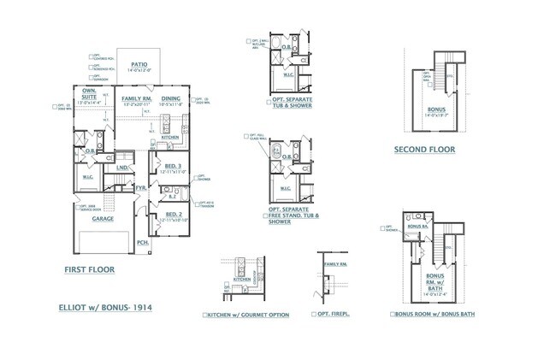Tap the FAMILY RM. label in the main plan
tap(136, 99)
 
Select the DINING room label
tap(171, 99)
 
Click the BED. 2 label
tap(172, 214)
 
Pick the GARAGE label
tap(104, 218)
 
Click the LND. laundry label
tap(122, 168)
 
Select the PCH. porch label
tap(142, 242)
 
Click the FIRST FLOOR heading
tap(89, 269)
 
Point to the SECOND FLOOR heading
tap(424, 150)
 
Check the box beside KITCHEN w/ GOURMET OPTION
tap(205, 315)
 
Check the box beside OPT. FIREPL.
tap(312, 315)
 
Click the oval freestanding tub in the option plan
tap(275, 155)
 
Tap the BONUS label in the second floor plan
tap(436, 110)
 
